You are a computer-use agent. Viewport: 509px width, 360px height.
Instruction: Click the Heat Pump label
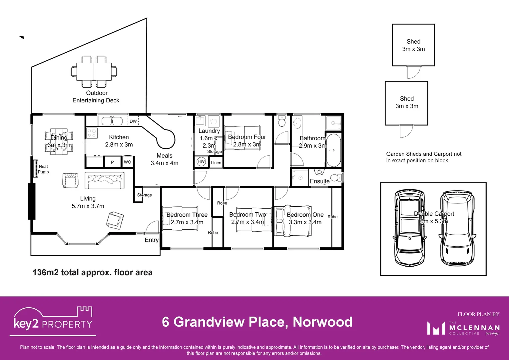tap(43, 169)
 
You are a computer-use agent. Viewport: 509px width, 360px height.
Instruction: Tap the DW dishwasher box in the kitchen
tap(133, 121)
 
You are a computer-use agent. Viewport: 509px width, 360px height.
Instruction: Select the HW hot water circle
tap(201, 162)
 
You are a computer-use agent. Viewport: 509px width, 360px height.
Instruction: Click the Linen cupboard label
tap(216, 163)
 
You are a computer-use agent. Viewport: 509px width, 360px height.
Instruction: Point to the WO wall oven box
tap(127, 162)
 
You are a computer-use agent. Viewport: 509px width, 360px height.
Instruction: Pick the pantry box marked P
tap(112, 162)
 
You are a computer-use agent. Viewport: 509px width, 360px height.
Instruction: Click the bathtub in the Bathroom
tap(333, 150)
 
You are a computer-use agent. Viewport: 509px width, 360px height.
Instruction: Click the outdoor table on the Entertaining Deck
tap(94, 71)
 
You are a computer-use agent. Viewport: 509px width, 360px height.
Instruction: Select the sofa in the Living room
tap(104, 181)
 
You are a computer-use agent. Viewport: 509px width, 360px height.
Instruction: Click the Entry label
tap(152, 240)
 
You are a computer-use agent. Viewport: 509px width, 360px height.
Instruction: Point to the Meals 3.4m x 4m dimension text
tap(164, 163)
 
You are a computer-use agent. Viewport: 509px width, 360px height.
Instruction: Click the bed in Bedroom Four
tap(243, 137)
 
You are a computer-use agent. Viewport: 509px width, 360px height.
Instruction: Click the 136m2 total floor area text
tap(93, 273)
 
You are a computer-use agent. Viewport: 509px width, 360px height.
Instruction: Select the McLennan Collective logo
tap(463, 328)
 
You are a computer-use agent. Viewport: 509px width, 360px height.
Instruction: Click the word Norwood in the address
tap(322, 322)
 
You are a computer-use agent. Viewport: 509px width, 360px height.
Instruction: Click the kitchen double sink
tap(112, 120)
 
